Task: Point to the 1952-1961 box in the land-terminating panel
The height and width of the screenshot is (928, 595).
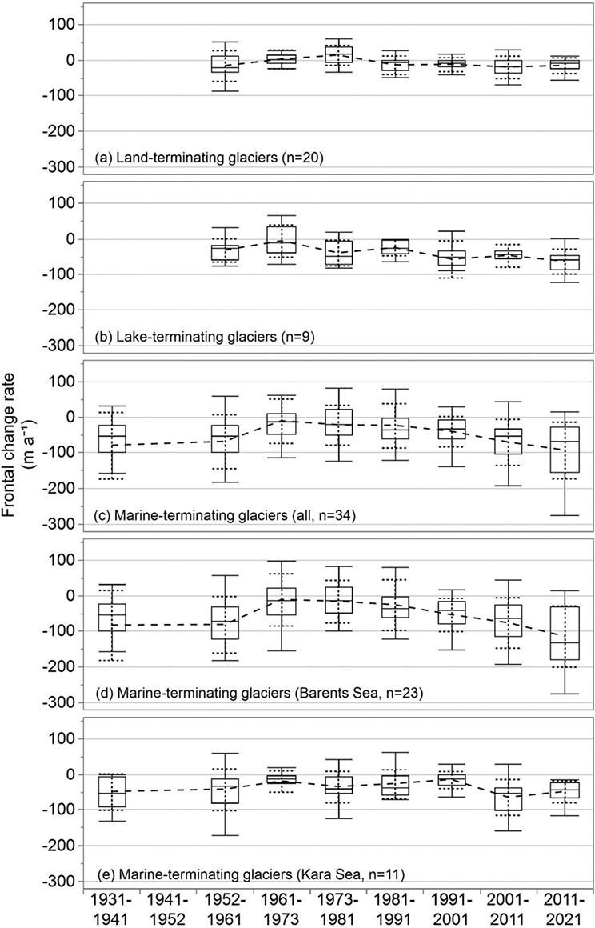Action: click(x=225, y=64)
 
